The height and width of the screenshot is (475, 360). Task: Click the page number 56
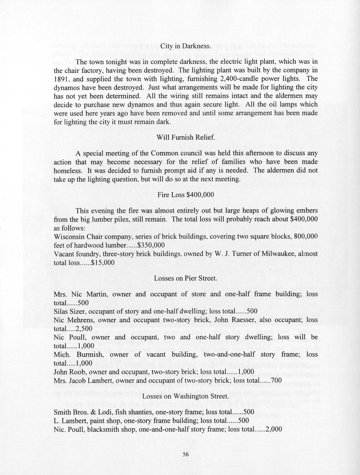click(x=186, y=454)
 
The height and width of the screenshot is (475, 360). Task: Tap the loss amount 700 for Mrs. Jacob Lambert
click(x=277, y=380)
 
